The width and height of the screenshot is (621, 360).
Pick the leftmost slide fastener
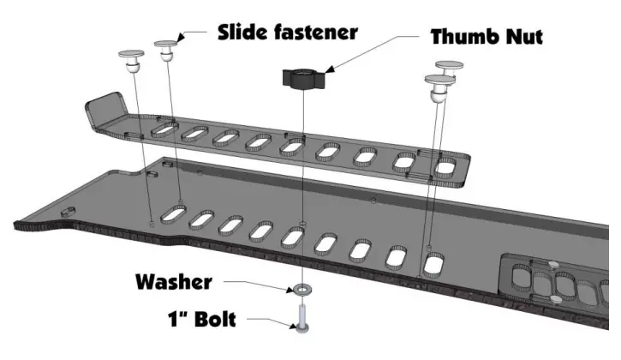129,61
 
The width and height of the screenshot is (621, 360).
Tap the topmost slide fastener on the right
450,68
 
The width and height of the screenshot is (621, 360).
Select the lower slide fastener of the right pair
438,86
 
